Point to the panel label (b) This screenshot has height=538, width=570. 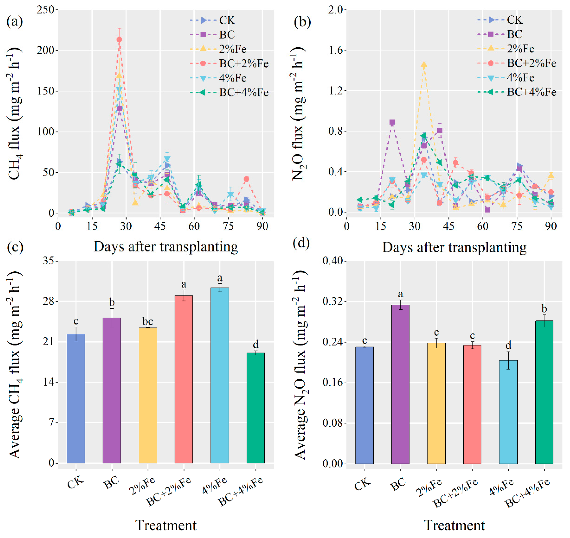(302, 22)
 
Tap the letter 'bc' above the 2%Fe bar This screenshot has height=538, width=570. (148, 321)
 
